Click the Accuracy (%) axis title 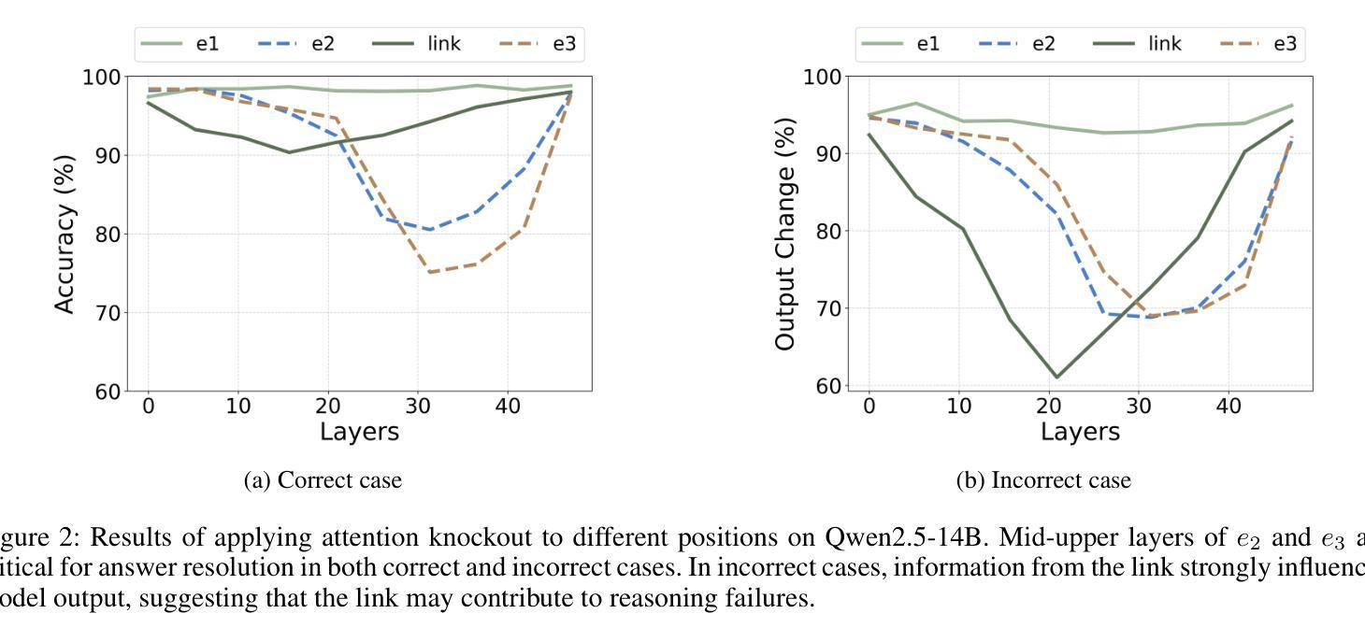[64, 234]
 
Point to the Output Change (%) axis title [784, 234]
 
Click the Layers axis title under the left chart [359, 432]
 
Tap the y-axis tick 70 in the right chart [829, 308]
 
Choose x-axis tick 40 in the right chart [1228, 406]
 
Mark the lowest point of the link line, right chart [1056, 378]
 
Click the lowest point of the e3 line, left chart [429, 272]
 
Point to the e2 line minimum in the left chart [429, 230]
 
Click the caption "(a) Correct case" [323, 480]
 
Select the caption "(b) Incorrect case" [1043, 480]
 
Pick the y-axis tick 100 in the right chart [823, 77]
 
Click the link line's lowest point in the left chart [289, 152]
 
